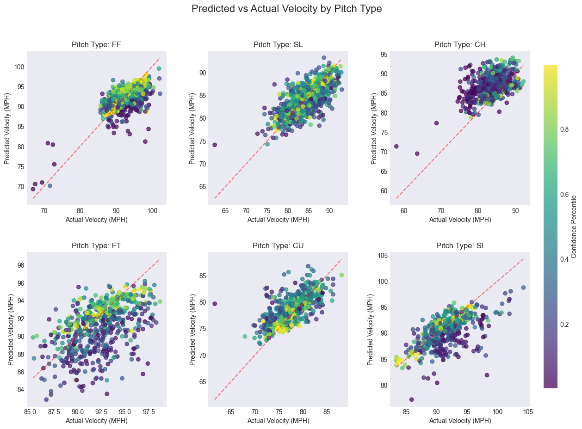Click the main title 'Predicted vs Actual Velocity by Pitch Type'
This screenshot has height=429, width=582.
tap(286, 9)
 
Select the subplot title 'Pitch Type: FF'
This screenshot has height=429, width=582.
tap(96, 44)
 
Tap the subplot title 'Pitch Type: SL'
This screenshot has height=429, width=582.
tap(278, 44)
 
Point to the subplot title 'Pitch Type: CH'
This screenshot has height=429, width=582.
tap(459, 44)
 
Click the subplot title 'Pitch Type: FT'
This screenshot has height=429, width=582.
tap(96, 245)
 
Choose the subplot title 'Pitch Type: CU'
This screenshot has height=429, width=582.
tap(278, 245)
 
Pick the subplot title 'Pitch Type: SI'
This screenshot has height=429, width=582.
tap(459, 245)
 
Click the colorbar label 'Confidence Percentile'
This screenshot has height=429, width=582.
tap(574, 226)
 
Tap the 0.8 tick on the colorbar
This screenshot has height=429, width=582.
tap(567, 129)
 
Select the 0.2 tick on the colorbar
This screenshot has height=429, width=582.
tap(567, 324)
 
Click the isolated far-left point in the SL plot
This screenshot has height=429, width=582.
tap(215, 145)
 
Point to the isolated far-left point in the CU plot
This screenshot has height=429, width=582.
tap(215, 304)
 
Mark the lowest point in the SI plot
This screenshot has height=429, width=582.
tap(411, 399)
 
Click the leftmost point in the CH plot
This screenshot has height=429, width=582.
tap(396, 146)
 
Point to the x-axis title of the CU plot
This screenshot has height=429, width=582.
tap(278, 421)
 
